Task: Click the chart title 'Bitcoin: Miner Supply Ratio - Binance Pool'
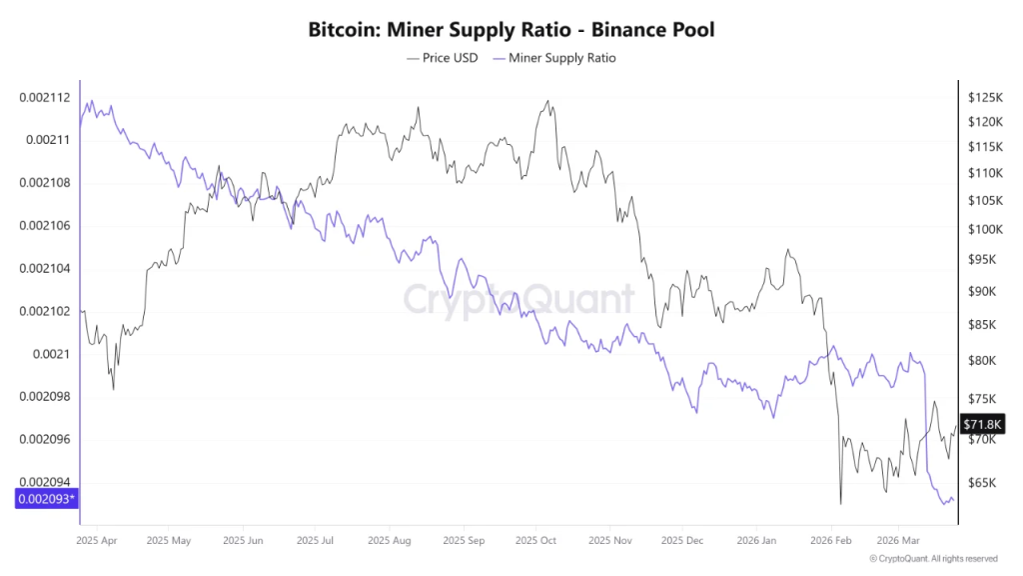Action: click(x=511, y=30)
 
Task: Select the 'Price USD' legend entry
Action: click(x=443, y=58)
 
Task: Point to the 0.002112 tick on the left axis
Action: click(x=44, y=97)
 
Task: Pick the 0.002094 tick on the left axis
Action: click(x=44, y=482)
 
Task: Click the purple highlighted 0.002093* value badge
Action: click(x=46, y=498)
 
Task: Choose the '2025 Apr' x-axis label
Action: click(x=97, y=540)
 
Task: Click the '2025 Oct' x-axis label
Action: click(x=535, y=540)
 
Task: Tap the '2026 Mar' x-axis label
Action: click(x=896, y=540)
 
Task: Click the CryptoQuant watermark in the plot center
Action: click(x=518, y=299)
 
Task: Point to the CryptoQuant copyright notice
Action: click(x=933, y=559)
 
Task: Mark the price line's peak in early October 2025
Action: click(x=546, y=100)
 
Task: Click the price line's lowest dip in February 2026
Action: click(x=841, y=504)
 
